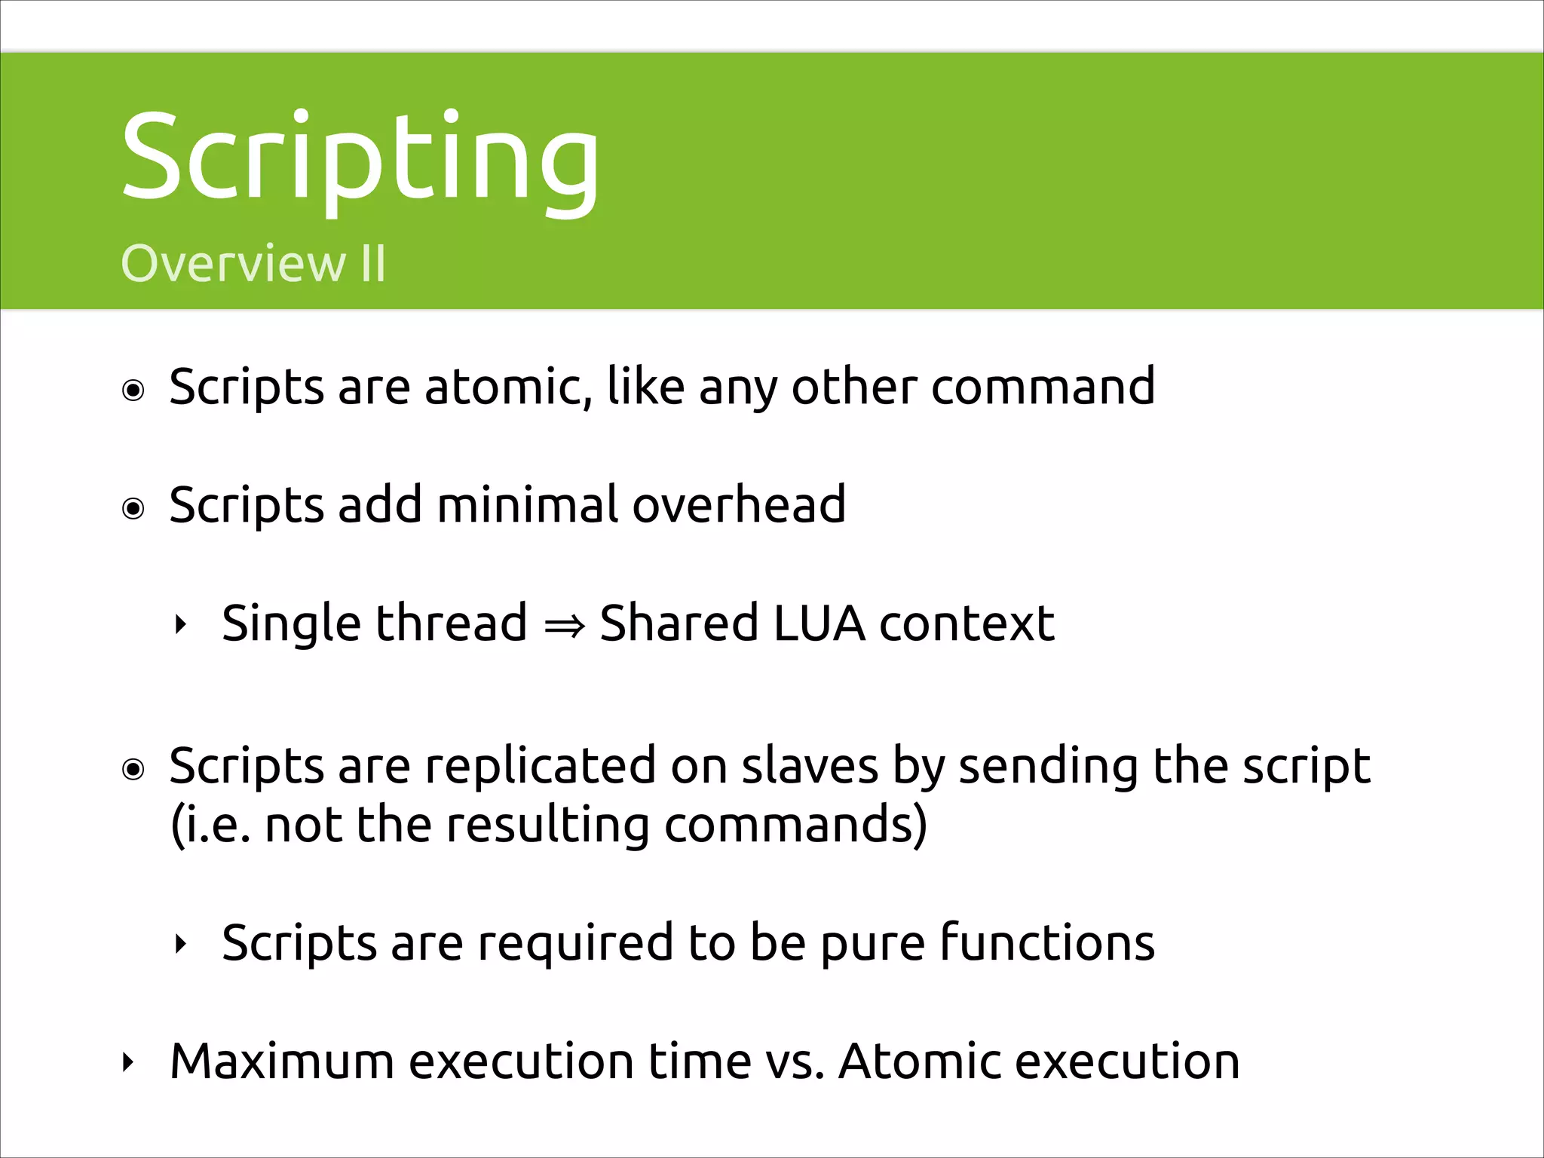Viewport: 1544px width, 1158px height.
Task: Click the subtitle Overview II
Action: tap(253, 264)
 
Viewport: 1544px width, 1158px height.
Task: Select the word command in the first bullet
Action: tap(1043, 387)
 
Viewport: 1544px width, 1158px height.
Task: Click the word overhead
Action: tap(739, 504)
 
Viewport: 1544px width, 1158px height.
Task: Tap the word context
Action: tap(967, 623)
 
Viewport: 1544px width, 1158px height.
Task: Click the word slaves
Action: tap(810, 766)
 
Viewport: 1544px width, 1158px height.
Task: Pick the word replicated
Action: tap(541, 766)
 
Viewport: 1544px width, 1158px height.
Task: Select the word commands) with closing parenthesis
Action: tap(795, 825)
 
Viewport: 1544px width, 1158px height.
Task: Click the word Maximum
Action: tap(282, 1061)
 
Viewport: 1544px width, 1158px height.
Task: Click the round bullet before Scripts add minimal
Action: tap(133, 509)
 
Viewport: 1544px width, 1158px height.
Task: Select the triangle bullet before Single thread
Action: tap(179, 624)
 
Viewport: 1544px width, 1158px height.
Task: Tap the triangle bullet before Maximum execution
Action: tap(127, 1063)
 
